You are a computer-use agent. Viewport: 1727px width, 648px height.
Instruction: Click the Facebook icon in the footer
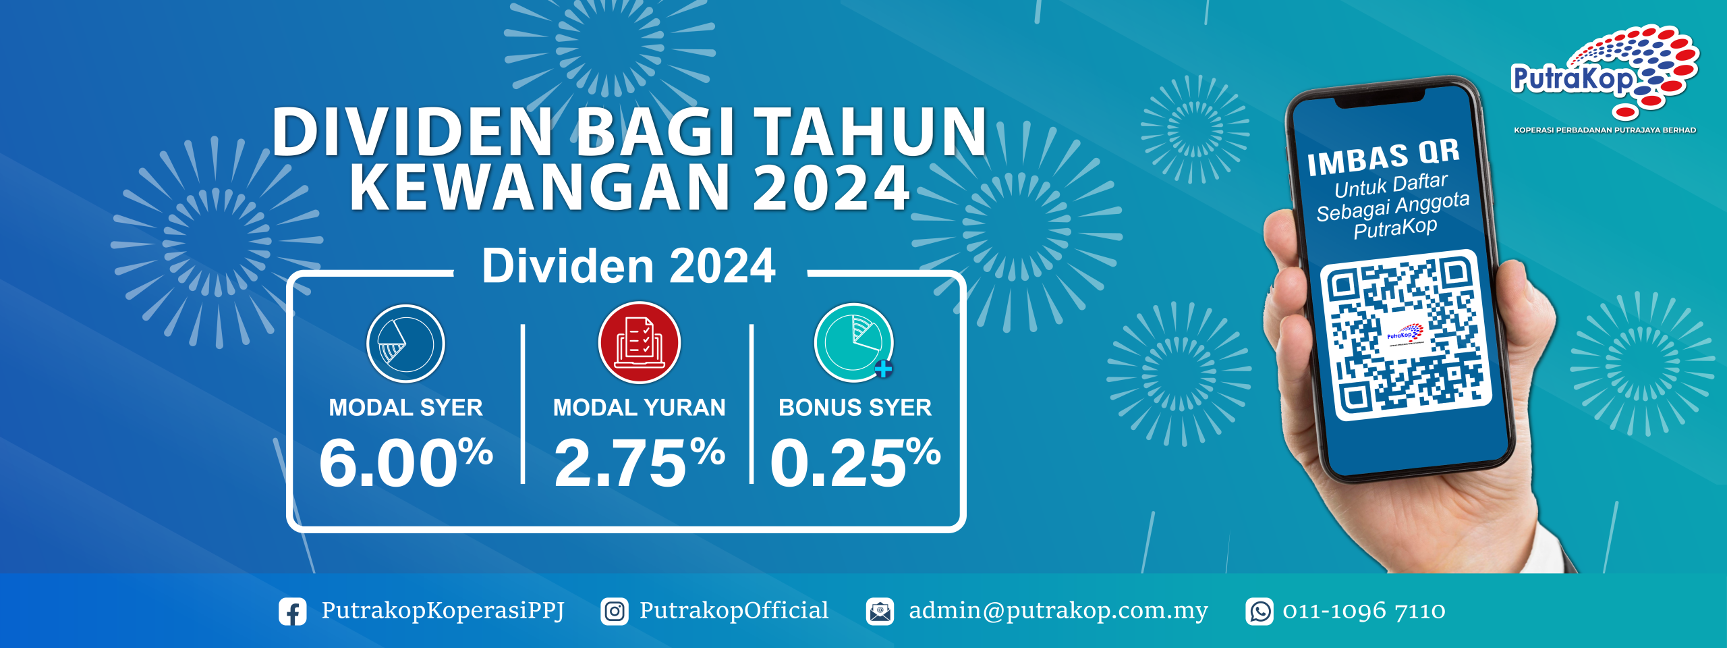tap(293, 612)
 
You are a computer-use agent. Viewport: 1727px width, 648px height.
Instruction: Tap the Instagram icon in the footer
tap(615, 612)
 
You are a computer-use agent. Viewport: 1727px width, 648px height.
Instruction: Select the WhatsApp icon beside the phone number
tap(1259, 612)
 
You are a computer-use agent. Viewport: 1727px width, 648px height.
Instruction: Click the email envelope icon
tap(880, 612)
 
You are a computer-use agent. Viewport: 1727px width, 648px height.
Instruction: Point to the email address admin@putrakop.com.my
tap(1058, 611)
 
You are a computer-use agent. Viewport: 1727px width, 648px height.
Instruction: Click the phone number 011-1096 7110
tap(1364, 612)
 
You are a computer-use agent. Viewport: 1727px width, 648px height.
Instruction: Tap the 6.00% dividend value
tap(406, 462)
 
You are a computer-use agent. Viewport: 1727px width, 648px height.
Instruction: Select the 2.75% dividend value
tap(640, 462)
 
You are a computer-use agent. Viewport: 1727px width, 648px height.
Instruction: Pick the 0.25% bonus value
tap(855, 462)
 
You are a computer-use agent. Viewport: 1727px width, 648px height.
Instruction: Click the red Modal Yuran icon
tap(640, 343)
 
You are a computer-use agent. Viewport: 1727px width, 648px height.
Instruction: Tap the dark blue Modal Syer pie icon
tap(405, 344)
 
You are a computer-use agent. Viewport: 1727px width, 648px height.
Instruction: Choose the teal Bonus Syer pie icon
tap(854, 342)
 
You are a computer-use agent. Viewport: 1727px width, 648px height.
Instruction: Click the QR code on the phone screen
tap(1405, 335)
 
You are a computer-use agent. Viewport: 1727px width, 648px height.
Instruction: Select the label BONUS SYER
tap(855, 408)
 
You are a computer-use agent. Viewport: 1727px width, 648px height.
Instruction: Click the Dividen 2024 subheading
tap(629, 265)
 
